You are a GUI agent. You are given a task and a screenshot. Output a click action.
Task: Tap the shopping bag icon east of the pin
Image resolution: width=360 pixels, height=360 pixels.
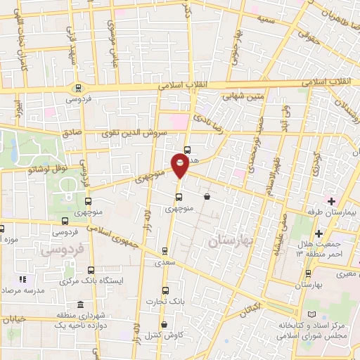coord(207,197)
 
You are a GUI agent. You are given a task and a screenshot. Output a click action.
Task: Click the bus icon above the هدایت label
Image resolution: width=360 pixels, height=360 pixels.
coord(187,149)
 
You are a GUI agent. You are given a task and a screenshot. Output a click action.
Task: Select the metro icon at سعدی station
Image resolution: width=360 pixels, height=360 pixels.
coord(165,250)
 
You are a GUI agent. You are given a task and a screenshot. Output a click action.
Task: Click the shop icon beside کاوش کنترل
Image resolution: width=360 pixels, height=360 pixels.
coord(165,325)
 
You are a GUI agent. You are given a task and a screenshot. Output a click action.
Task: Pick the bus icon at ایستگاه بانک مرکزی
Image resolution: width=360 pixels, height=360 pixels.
coord(90,269)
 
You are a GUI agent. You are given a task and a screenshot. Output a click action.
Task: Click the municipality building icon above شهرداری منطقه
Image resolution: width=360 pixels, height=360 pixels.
coord(79,305)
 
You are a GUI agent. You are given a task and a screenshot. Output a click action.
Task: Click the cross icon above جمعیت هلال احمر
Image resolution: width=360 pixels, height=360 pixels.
coord(319,233)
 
